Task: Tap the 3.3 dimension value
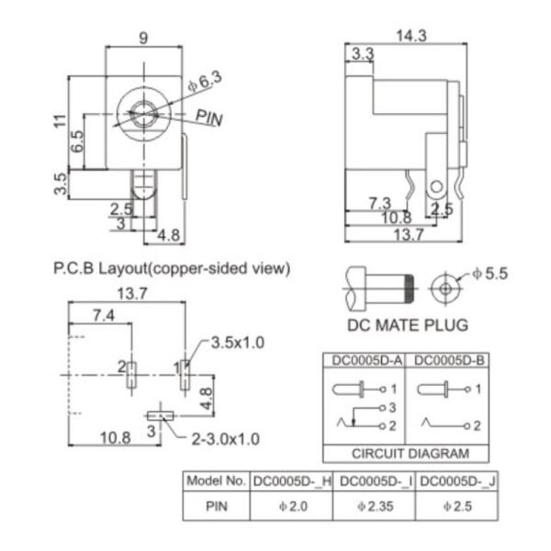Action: tap(362, 54)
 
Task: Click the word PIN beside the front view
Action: tap(209, 117)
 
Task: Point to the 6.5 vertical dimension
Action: tap(78, 141)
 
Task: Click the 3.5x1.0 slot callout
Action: tap(237, 343)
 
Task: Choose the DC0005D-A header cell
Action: tap(364, 361)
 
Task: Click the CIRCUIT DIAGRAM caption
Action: tap(410, 453)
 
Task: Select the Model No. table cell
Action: tap(216, 480)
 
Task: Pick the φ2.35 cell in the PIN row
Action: tap(377, 505)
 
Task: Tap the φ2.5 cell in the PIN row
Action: tap(455, 505)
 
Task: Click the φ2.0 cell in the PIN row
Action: tap(293, 505)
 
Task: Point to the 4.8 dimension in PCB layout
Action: tap(208, 397)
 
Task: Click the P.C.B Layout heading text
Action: tap(172, 269)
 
